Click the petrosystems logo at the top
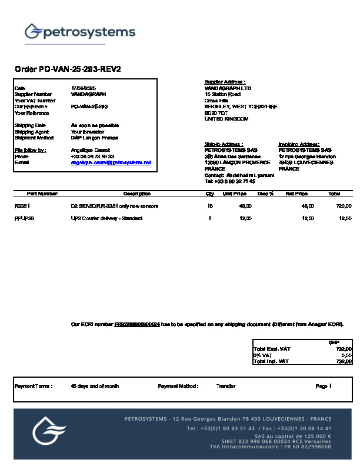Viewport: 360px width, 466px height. [80, 32]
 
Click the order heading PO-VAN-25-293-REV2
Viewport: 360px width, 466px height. [68, 69]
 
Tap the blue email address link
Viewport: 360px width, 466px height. [111, 162]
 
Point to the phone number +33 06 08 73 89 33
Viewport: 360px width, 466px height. [92, 157]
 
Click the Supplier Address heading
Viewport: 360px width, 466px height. [225, 82]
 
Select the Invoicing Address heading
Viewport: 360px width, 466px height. [299, 144]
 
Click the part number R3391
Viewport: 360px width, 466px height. [22, 206]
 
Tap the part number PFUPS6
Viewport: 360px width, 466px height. [24, 218]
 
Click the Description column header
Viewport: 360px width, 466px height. [136, 194]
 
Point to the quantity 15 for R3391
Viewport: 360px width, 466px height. [210, 206]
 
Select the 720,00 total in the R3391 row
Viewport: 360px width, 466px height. [344, 206]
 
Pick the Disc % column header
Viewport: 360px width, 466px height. [266, 194]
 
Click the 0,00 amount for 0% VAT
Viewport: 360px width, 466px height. [346, 355]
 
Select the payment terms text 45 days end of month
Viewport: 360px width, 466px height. [95, 386]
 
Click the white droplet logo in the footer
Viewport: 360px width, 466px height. [49, 430]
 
